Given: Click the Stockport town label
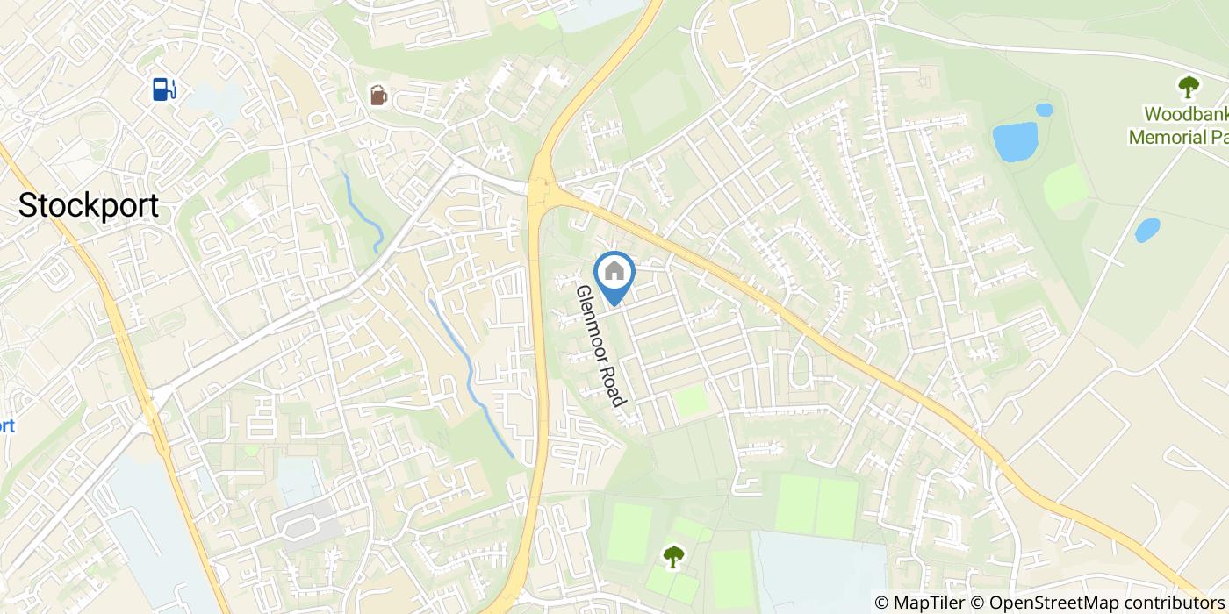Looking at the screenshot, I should (x=89, y=206).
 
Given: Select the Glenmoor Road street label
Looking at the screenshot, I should (x=600, y=346).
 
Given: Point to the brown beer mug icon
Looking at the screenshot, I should (x=378, y=95).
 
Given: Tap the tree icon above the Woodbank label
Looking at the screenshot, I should (x=1189, y=86).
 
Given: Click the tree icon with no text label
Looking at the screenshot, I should (x=673, y=556).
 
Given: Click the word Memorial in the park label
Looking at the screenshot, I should (x=1166, y=138).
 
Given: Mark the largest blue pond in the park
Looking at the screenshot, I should (x=1015, y=142).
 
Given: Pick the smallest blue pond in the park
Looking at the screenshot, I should (x=1044, y=111).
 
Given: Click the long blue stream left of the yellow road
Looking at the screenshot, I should (x=474, y=377).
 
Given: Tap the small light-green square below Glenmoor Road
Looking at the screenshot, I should (x=691, y=402).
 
